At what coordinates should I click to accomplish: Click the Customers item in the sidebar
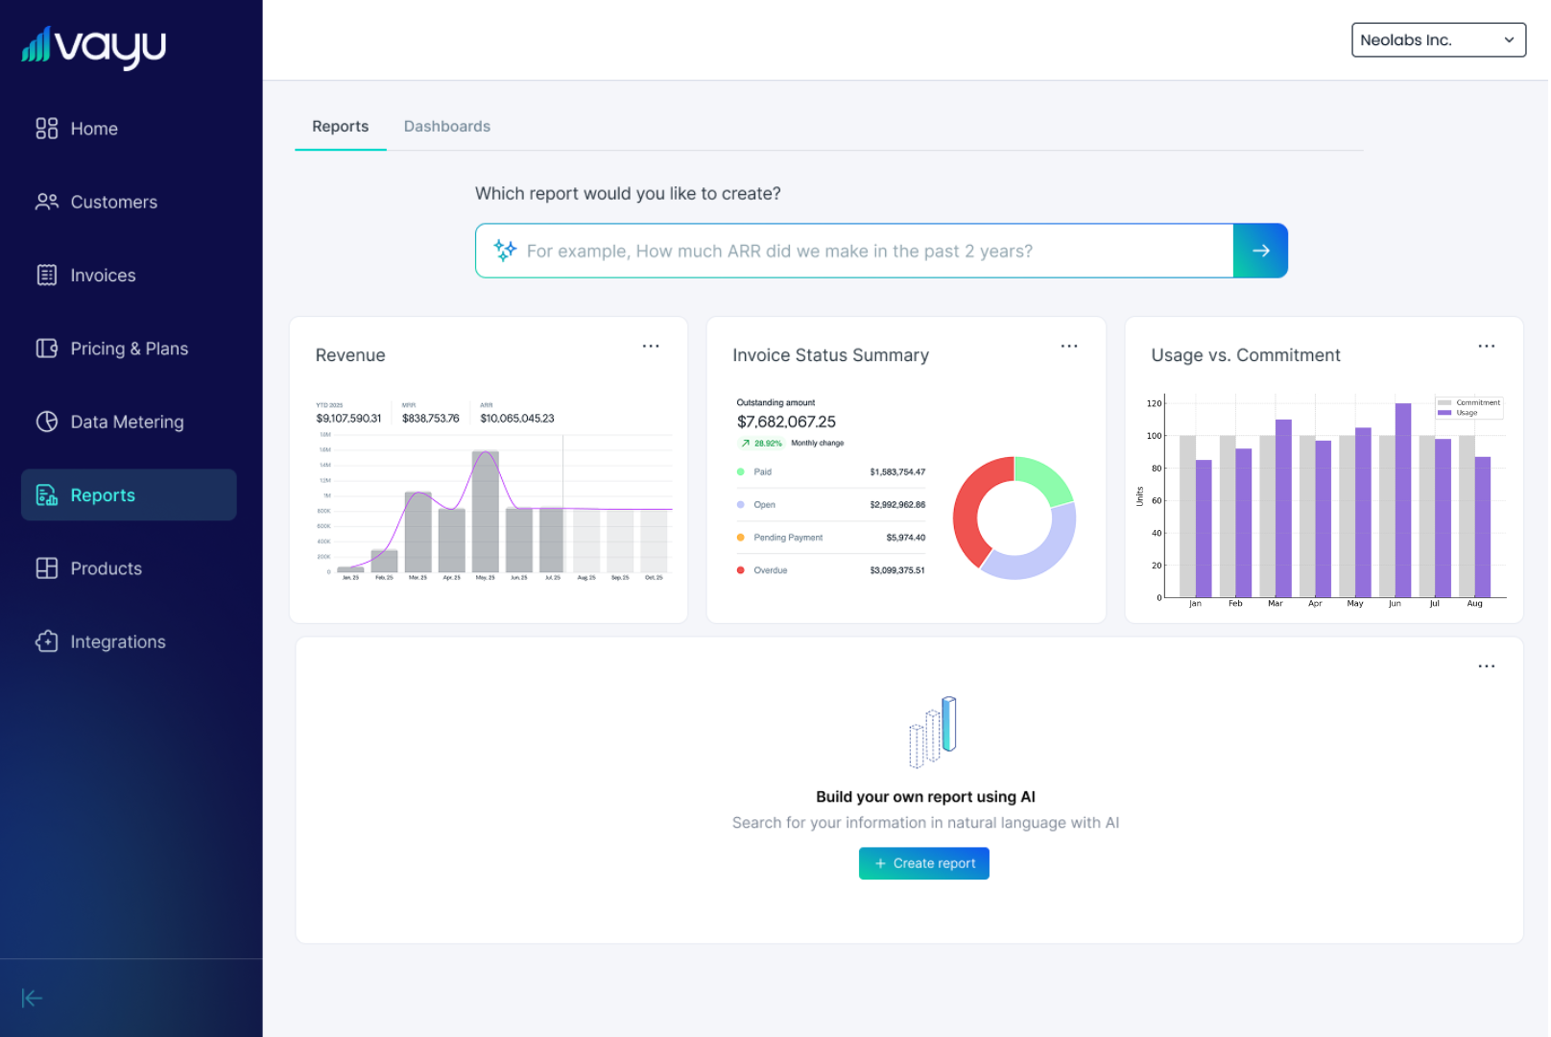[113, 203]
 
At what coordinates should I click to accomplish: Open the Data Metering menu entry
[126, 422]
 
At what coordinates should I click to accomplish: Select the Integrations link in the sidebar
[117, 642]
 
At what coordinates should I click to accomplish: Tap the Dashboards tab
[446, 127]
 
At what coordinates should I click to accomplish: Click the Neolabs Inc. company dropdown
[1437, 40]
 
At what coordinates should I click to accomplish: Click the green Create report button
[923, 863]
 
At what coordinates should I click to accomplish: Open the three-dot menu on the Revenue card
[651, 347]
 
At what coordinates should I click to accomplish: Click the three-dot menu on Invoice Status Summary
[1068, 347]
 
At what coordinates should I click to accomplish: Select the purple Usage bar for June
[1402, 499]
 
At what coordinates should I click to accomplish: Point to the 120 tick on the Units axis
[1154, 403]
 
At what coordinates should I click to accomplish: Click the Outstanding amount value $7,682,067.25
[786, 422]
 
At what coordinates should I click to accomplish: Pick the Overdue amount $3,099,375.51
[897, 570]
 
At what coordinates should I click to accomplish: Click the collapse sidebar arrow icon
[32, 999]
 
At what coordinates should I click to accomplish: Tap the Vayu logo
[94, 46]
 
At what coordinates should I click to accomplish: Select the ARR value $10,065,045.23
[517, 419]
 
